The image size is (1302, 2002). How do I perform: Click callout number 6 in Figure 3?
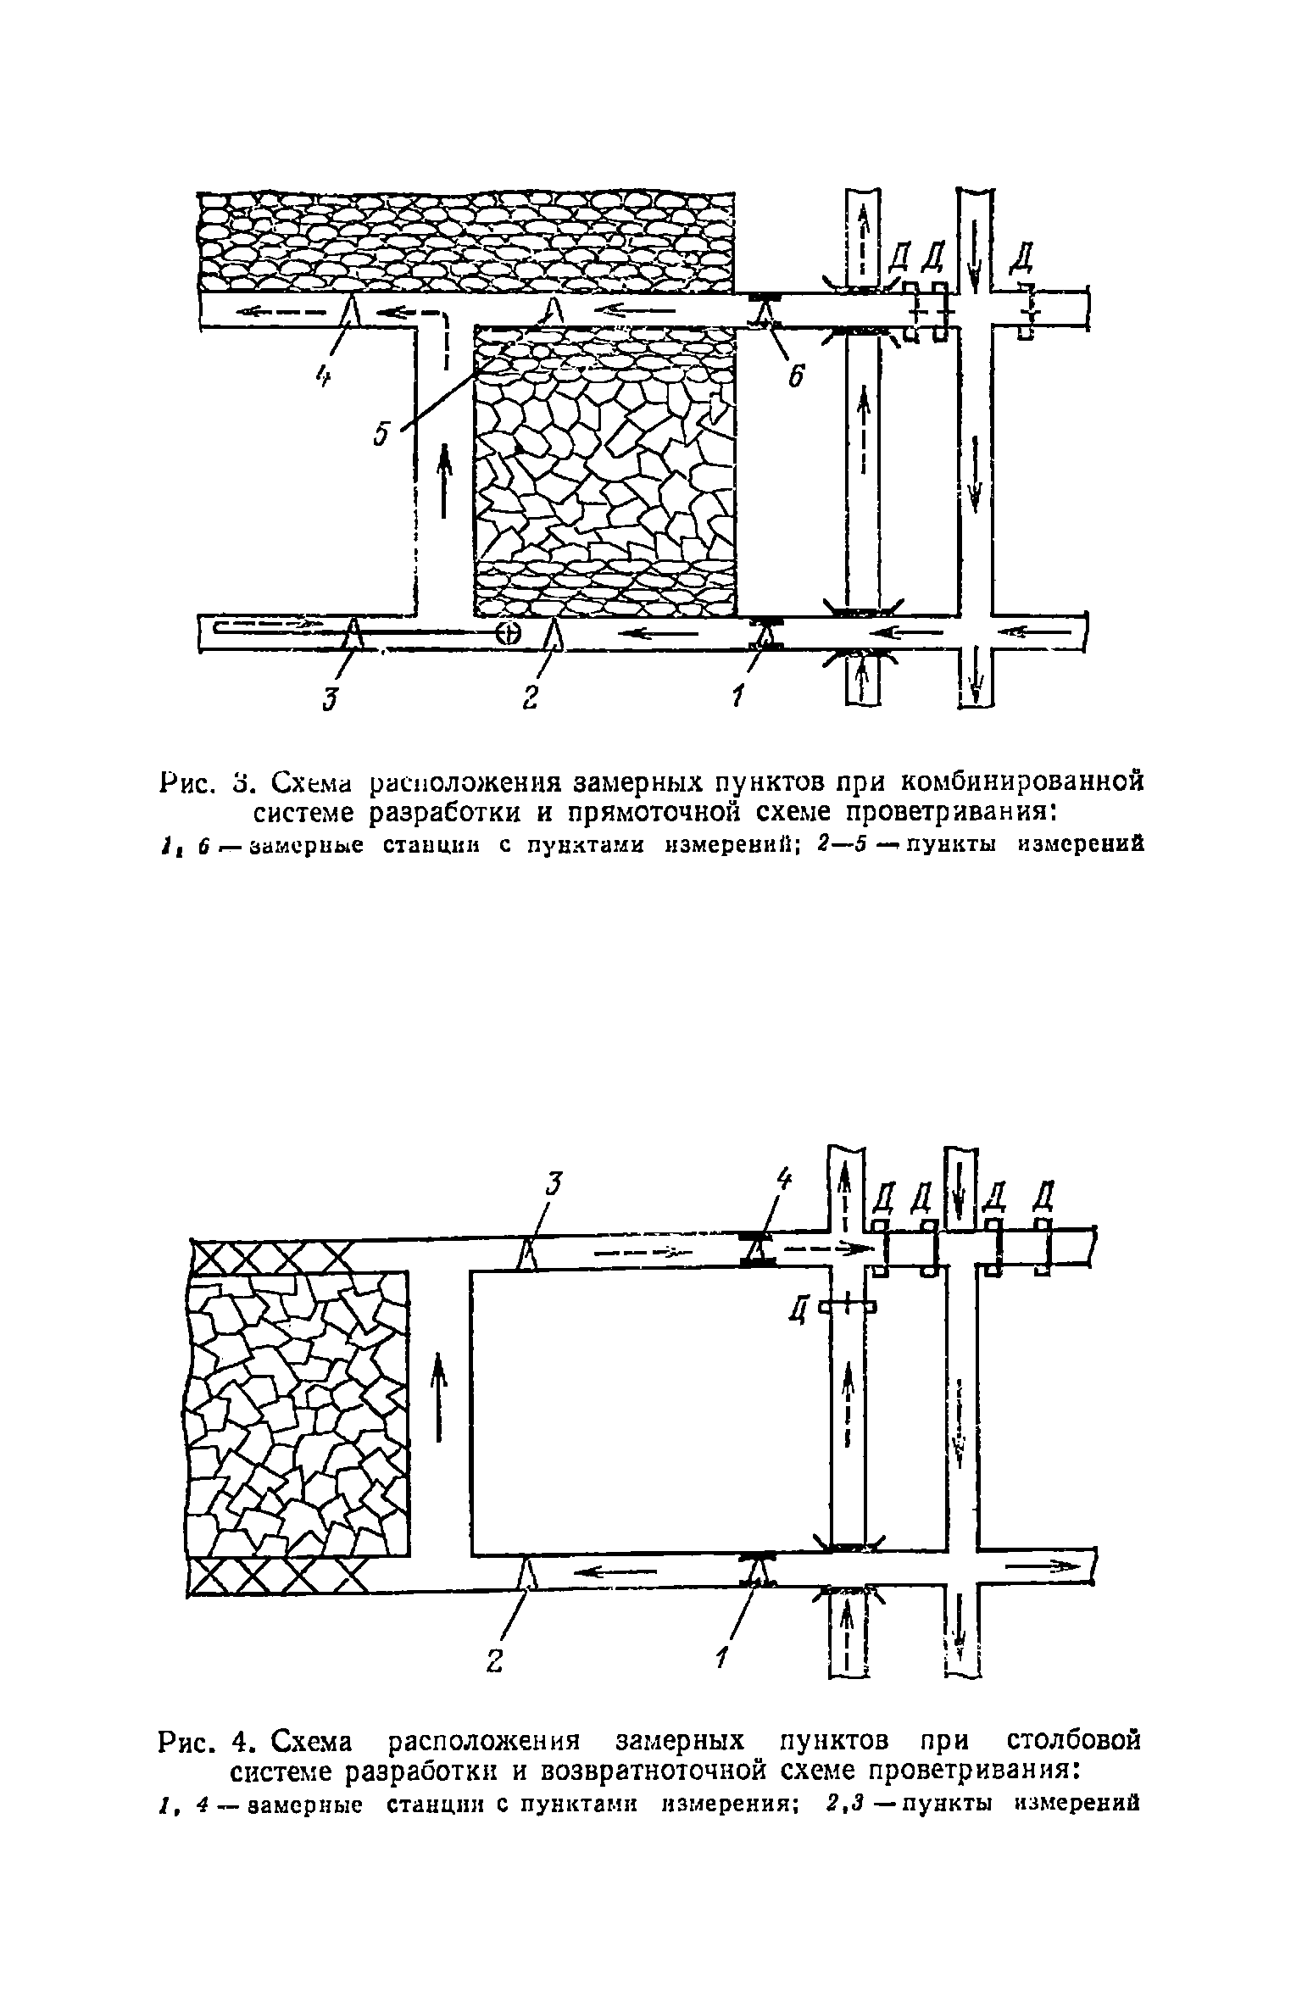[x=795, y=375]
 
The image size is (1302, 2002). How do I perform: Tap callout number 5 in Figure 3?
[x=381, y=434]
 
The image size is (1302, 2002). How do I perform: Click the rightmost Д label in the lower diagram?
[x=1045, y=1196]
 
